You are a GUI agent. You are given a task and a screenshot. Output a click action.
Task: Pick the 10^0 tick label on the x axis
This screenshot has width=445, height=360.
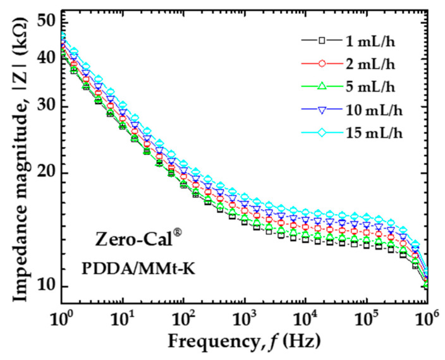[x=61, y=314]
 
